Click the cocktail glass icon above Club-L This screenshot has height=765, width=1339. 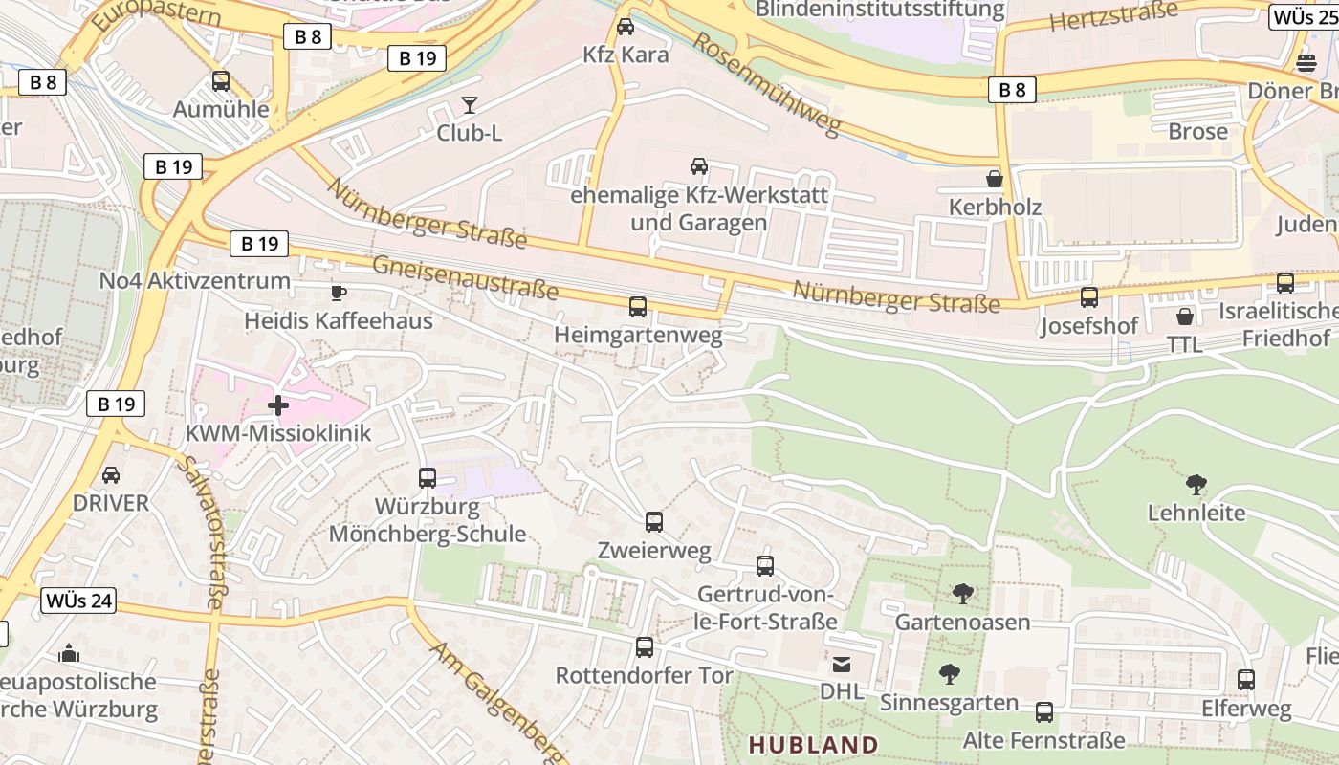(470, 105)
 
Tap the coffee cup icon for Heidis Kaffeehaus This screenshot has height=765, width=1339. (338, 293)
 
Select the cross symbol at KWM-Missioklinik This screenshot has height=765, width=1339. (278, 405)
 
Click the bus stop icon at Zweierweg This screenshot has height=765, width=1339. (654, 522)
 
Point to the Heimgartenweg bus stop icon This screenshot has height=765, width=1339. (638, 307)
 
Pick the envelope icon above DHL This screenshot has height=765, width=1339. (842, 664)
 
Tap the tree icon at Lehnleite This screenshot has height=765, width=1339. (1196, 485)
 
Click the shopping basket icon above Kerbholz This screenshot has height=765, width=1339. (995, 179)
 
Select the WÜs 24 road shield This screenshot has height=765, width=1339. (79, 601)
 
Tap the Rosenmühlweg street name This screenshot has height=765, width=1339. (766, 84)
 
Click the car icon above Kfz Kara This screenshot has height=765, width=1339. (626, 27)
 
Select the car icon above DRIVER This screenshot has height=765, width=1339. (111, 475)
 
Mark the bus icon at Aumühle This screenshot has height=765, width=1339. (221, 81)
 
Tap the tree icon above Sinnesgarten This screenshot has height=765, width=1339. (949, 674)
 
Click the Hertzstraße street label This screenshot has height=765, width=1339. (1113, 16)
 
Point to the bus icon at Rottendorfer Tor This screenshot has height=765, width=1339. (645, 647)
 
